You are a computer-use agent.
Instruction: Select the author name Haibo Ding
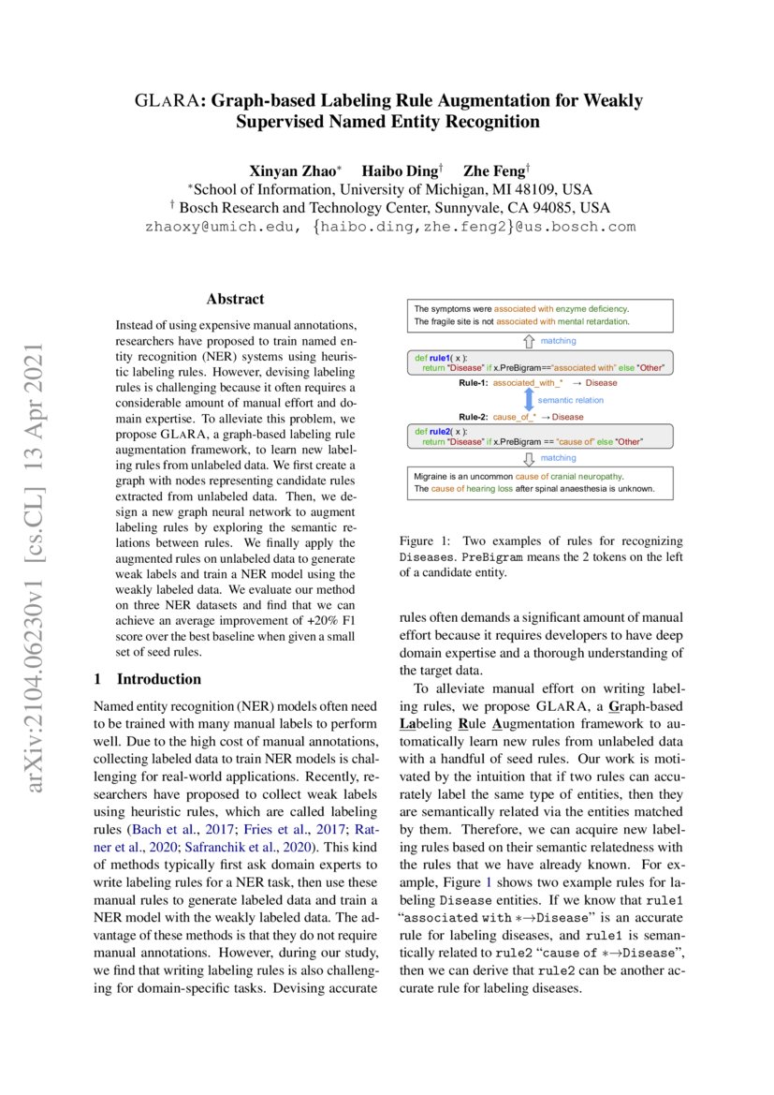(x=400, y=170)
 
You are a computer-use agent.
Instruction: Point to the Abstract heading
(x=235, y=300)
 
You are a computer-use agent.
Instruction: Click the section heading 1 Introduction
(x=148, y=678)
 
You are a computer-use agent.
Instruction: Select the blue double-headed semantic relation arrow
(x=528, y=400)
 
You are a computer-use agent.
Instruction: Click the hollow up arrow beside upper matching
(x=528, y=341)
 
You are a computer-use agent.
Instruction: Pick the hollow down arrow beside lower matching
(x=528, y=458)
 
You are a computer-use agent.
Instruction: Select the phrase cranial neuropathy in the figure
(x=595, y=477)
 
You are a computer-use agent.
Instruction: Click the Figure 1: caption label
(x=426, y=541)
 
